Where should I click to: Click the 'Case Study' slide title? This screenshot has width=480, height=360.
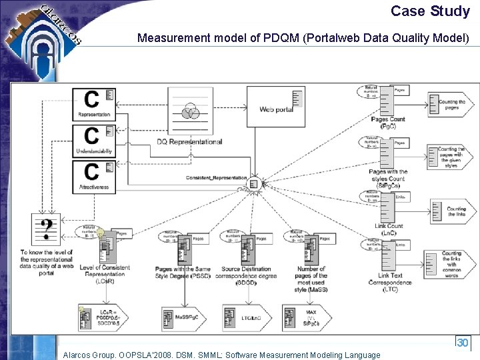click(430, 11)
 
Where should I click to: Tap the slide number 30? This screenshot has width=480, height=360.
click(462, 343)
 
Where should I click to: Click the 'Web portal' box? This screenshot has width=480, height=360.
click(275, 106)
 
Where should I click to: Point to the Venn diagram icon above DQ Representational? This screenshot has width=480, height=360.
click(190, 111)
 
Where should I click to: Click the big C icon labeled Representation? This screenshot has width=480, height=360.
click(94, 103)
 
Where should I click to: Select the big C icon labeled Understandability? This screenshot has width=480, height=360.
click(94, 140)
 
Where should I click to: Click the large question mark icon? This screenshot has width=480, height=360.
click(46, 230)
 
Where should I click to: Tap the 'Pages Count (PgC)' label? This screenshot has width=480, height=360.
click(388, 123)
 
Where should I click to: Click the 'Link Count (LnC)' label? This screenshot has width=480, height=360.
click(389, 229)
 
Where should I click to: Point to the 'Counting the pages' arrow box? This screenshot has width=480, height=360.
click(451, 104)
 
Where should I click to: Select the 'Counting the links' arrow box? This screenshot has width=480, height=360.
click(451, 211)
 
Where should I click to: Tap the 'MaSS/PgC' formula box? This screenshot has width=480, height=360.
click(181, 318)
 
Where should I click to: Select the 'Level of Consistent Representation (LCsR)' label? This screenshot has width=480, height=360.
click(105, 275)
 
